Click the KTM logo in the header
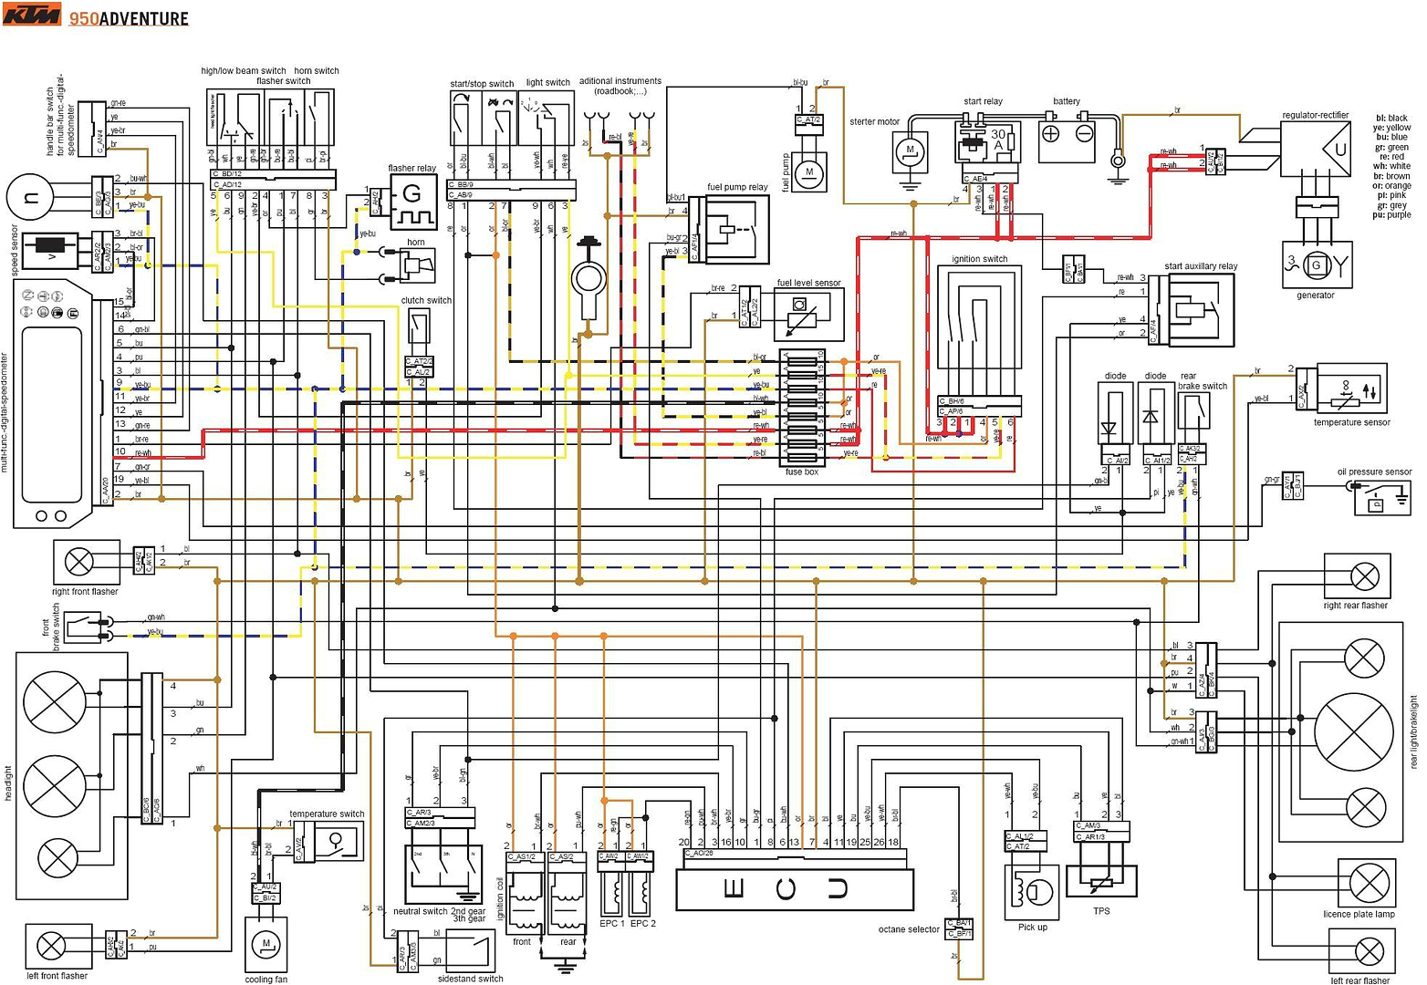pos(32,16)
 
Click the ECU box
pos(794,889)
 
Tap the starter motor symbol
pos(910,150)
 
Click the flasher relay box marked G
pos(413,202)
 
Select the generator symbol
pos(1315,265)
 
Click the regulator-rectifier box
pos(1316,149)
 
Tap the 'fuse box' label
pos(801,472)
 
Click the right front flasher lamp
pos(80,562)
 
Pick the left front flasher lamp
pos(57,947)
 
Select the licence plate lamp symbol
pos(1368,883)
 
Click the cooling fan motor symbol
pos(266,944)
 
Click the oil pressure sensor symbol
pos(1380,499)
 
